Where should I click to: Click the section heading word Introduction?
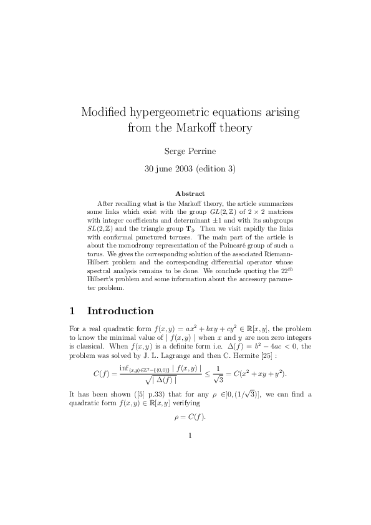[x=120, y=311]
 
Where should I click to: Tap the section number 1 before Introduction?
[x=72, y=311]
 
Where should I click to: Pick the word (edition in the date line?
[x=212, y=168]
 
